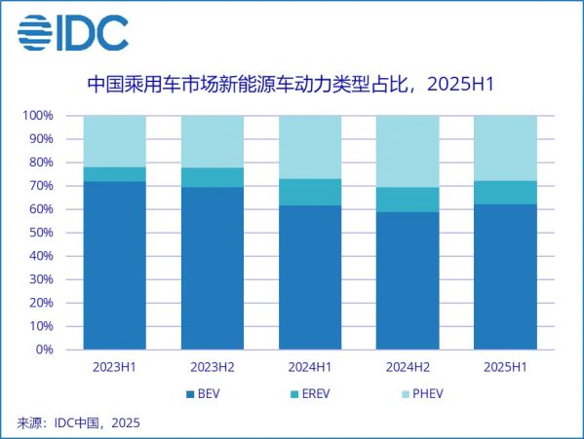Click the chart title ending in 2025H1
click(292, 85)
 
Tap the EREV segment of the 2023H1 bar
click(114, 174)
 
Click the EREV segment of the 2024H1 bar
click(309, 192)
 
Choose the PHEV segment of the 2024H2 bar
click(407, 152)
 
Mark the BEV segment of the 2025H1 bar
click(504, 276)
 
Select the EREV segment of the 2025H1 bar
click(504, 193)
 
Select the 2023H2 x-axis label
click(212, 367)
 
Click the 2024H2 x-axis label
click(407, 367)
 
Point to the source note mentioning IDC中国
click(79, 422)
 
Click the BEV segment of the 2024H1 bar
click(309, 277)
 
